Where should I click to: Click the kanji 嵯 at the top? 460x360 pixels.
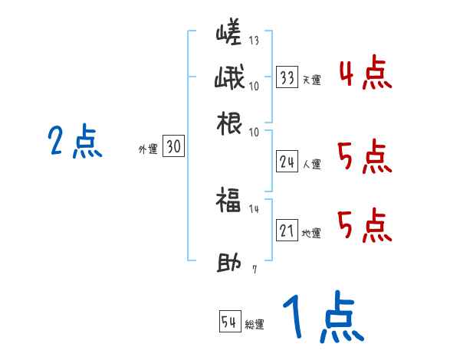pyautogui.click(x=228, y=34)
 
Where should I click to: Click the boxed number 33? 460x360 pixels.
pyautogui.click(x=287, y=77)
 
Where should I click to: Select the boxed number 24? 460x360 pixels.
pyautogui.click(x=287, y=162)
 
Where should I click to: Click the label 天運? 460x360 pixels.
pyautogui.click(x=311, y=80)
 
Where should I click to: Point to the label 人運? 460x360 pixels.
pyautogui.click(x=311, y=164)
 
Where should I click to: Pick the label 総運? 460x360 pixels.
pyautogui.click(x=255, y=324)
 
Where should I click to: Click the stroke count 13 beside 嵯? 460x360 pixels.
pyautogui.click(x=254, y=41)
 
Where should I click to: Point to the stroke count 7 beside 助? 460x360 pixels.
pyautogui.click(x=254, y=270)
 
